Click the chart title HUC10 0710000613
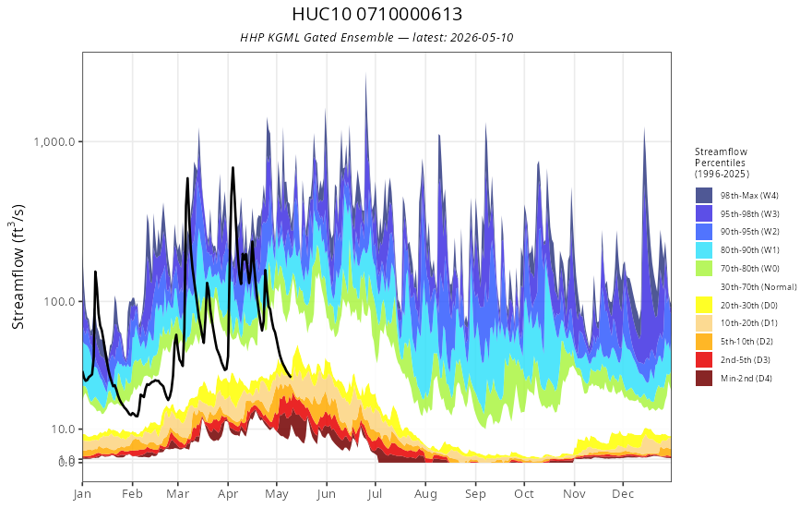click(376, 14)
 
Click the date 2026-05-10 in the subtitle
click(482, 37)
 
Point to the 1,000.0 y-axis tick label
click(54, 141)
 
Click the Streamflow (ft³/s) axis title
click(18, 266)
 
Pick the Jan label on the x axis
click(82, 494)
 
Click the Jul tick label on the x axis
click(375, 494)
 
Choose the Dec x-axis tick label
click(623, 494)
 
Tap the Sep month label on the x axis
click(475, 494)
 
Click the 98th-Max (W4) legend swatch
click(704, 196)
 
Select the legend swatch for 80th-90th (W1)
click(704, 250)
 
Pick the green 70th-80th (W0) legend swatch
click(704, 268)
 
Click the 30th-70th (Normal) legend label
click(758, 286)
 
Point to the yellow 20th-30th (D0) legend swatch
click(704, 305)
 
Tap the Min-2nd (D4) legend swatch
click(704, 378)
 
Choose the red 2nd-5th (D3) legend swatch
click(704, 359)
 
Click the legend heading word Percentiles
click(720, 163)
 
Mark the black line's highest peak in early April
click(233, 167)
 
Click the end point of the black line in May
click(291, 376)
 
